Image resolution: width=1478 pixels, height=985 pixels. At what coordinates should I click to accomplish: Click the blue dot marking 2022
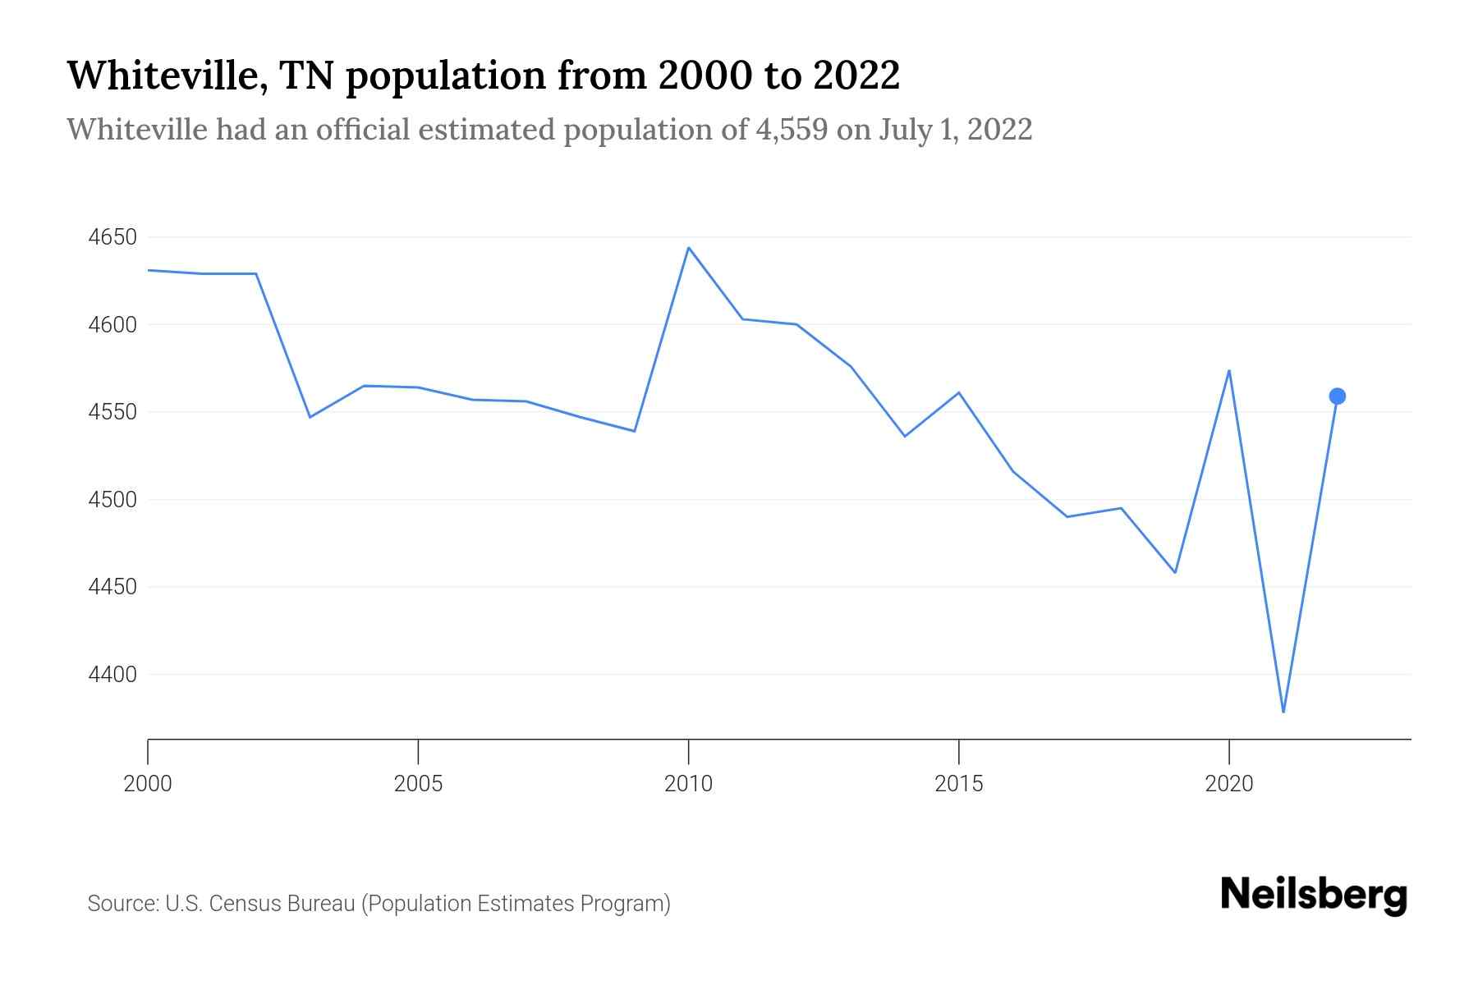1337,396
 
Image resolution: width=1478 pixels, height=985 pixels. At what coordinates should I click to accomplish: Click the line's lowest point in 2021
1283,712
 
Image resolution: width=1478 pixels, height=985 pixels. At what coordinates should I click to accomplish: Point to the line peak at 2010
688,248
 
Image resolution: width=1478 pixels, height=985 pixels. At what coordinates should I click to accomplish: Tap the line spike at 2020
1228,371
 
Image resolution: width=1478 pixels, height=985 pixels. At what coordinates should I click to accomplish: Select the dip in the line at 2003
310,417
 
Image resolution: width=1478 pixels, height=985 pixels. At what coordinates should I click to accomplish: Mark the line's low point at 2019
1175,572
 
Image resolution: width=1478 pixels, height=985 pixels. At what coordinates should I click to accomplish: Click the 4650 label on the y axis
112,238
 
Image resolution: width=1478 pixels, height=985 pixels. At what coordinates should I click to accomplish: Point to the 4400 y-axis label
112,675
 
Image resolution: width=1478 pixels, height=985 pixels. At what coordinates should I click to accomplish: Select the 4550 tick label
112,412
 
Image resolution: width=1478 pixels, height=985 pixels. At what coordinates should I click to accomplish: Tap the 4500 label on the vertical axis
112,500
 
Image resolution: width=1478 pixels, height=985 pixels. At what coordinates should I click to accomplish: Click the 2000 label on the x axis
148,784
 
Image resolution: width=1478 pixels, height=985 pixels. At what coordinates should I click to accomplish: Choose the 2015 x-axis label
958,784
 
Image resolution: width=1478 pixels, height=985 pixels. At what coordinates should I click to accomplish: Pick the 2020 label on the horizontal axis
1228,784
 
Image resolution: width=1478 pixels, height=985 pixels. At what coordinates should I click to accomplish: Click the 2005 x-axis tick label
418,784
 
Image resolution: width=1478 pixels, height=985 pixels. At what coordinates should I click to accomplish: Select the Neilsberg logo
1314,895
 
